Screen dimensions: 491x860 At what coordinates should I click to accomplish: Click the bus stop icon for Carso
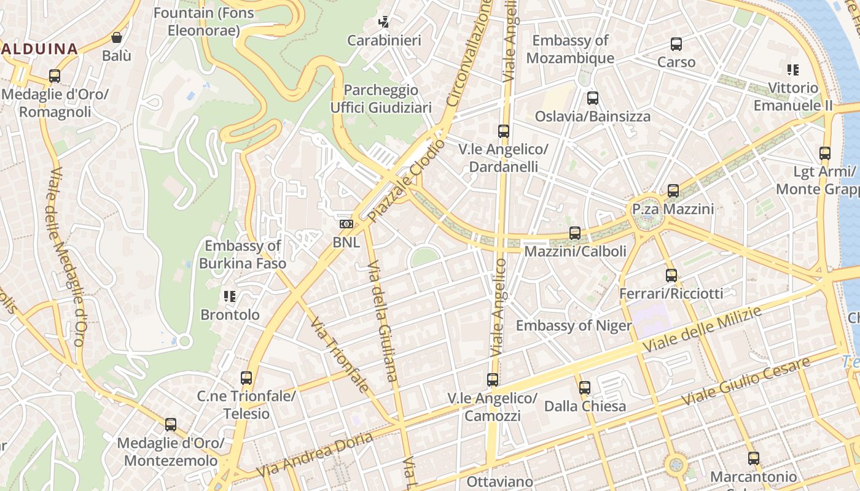(676, 44)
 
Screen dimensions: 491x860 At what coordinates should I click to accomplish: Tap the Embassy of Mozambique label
(570, 49)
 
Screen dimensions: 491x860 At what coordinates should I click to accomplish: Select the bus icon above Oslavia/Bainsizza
(593, 98)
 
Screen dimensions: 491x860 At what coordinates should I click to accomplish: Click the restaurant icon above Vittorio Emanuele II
(793, 70)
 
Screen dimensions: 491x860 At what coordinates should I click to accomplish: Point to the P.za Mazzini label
(673, 209)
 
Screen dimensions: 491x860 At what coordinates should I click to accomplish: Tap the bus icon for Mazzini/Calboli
(575, 233)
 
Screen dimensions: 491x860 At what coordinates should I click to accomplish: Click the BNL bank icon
(346, 224)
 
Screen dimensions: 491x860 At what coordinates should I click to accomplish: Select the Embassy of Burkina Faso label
(243, 255)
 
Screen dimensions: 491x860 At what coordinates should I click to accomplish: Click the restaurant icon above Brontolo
(230, 297)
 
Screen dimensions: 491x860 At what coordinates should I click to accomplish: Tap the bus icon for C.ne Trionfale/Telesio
(246, 378)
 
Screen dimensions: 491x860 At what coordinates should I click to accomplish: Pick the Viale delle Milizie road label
(702, 330)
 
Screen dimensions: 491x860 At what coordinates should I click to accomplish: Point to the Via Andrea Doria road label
(315, 455)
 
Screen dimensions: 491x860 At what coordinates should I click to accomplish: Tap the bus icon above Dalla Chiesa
(585, 388)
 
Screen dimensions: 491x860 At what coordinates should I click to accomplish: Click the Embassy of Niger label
(574, 326)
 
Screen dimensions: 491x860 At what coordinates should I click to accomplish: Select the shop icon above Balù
(117, 37)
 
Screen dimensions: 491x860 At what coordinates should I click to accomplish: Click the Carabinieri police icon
(384, 23)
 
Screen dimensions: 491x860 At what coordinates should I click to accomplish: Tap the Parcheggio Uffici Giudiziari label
(381, 99)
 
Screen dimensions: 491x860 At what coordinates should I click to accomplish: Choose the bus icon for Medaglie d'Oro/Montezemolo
(171, 425)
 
